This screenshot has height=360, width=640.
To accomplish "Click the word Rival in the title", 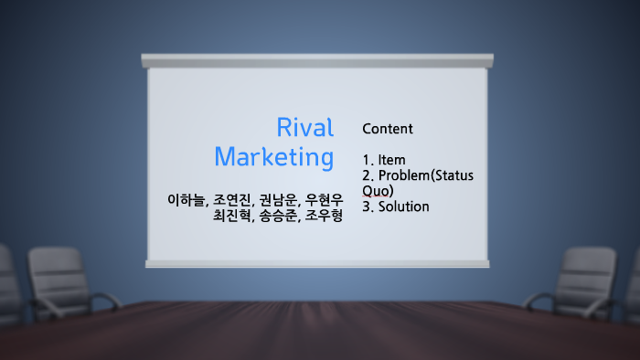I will (304, 128).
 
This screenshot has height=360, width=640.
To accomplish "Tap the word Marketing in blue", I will (273, 157).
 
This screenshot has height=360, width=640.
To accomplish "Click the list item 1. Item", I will (384, 160).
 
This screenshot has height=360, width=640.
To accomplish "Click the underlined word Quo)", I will (378, 190).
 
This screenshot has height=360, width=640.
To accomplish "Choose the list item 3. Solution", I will (395, 206).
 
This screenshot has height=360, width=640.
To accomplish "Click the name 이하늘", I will (187, 199).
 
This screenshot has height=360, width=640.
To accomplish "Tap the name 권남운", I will (278, 199).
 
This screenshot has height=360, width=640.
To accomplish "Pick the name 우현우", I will (324, 199).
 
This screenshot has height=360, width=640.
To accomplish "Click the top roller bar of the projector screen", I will (316, 60).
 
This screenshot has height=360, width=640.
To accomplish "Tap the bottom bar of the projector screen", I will (316, 263).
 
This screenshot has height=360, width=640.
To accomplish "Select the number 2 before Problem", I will (367, 175).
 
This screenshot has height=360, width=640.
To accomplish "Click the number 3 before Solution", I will (367, 206).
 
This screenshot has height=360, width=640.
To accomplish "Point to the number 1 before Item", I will (367, 160).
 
